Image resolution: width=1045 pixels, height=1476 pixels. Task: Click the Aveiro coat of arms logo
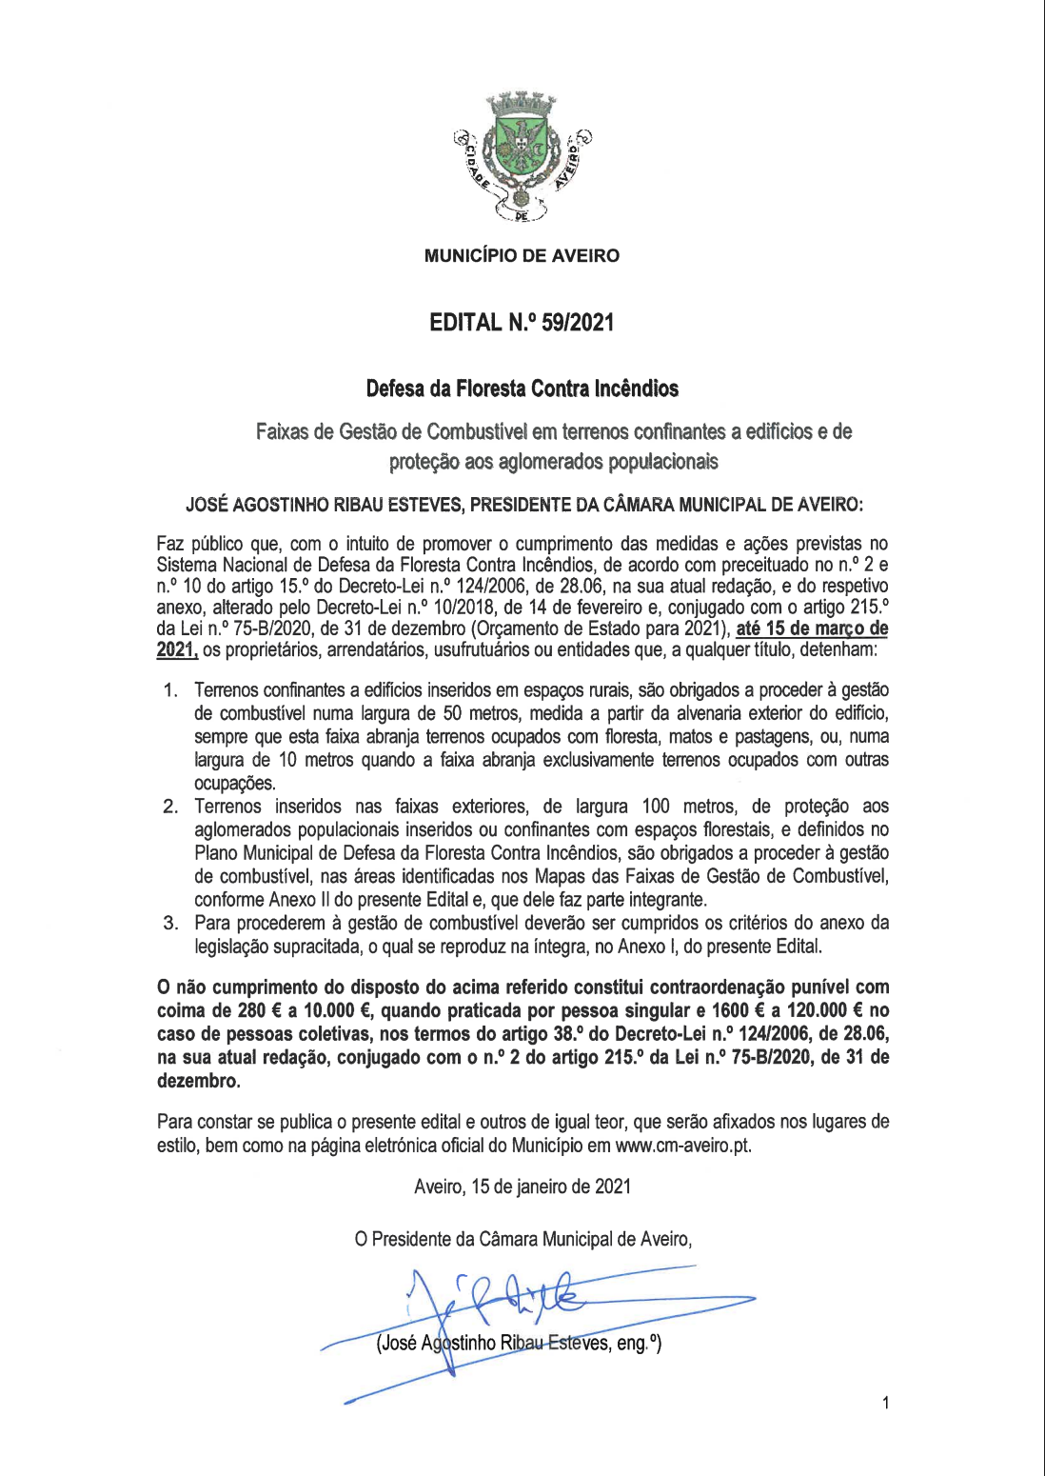click(522, 158)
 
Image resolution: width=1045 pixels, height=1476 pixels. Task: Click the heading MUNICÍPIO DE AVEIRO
click(522, 255)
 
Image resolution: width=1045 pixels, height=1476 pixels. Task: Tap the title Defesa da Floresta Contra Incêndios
click(522, 389)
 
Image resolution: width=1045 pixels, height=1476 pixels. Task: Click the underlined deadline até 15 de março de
click(812, 628)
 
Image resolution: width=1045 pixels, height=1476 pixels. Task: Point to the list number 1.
click(169, 690)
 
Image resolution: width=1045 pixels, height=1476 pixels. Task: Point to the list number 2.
click(169, 808)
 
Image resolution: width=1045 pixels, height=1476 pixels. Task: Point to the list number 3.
click(169, 923)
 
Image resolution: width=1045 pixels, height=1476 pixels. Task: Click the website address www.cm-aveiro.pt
click(682, 1146)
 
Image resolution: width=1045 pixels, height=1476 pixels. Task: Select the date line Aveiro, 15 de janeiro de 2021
click(522, 1187)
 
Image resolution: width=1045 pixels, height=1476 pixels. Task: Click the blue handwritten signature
click(514, 1300)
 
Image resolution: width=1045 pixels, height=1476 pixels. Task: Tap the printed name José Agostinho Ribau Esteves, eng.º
click(519, 1344)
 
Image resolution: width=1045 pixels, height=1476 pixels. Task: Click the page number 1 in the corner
click(886, 1403)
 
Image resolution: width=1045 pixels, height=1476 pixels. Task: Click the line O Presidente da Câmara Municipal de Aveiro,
click(522, 1239)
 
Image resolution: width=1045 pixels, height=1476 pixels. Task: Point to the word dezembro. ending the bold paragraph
click(198, 1081)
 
